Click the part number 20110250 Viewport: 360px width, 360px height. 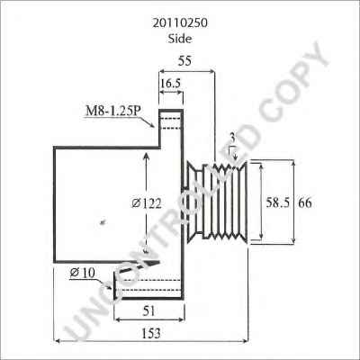[180, 23]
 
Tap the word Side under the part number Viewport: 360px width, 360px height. [180, 39]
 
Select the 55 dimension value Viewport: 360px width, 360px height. [184, 61]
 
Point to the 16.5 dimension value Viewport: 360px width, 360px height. [171, 84]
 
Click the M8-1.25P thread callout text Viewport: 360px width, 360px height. [113, 111]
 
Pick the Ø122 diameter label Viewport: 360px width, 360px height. [147, 203]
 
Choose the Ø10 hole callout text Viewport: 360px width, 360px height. [82, 273]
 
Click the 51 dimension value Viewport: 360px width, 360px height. [149, 310]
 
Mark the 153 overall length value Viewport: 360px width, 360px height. [150, 334]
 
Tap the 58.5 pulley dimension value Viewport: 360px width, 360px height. [278, 203]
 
